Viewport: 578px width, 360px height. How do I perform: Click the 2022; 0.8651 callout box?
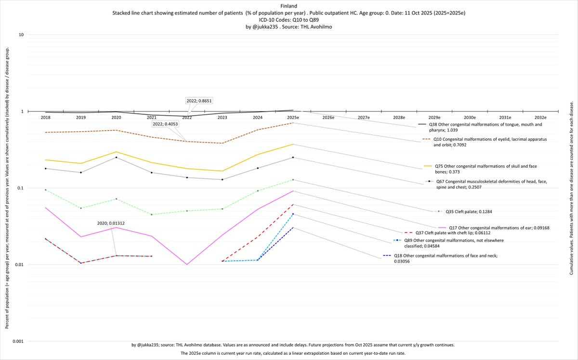click(199, 101)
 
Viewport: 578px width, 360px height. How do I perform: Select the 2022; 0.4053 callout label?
click(165, 124)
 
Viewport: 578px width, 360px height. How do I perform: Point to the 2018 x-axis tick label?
click(45, 117)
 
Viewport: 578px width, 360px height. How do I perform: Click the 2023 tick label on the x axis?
click(222, 117)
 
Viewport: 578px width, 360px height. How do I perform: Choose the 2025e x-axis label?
click(293, 117)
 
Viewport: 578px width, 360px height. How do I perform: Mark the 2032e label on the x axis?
click(540, 117)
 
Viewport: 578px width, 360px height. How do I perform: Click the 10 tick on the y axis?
click(21, 35)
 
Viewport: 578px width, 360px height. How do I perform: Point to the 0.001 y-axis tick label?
click(17, 341)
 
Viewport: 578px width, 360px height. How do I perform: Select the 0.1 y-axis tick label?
click(20, 188)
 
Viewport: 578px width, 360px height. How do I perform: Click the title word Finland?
click(289, 5)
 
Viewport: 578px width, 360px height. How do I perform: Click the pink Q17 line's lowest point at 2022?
click(187, 264)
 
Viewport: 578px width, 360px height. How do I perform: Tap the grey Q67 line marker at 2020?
click(116, 157)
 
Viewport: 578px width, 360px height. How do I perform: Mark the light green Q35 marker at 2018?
click(45, 190)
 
